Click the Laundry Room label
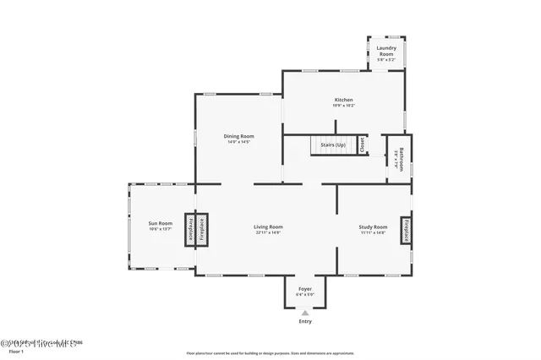pyautogui.click(x=386, y=51)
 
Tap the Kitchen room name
pyautogui.click(x=343, y=100)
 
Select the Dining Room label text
pyautogui.click(x=239, y=136)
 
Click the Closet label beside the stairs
pyautogui.click(x=362, y=145)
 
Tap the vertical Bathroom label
pyautogui.click(x=402, y=160)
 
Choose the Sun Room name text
pyautogui.click(x=161, y=223)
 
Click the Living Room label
pyautogui.click(x=268, y=226)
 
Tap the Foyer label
pyautogui.click(x=305, y=289)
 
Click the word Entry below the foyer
pyautogui.click(x=305, y=321)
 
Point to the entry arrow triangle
pyautogui.click(x=305, y=312)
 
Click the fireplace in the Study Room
pyautogui.click(x=406, y=230)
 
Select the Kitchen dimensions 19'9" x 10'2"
pyautogui.click(x=343, y=106)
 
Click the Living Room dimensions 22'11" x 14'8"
pyautogui.click(x=268, y=232)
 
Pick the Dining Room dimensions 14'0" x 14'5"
pyautogui.click(x=239, y=142)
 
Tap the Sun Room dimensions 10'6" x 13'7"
pyautogui.click(x=161, y=229)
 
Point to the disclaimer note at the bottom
pyautogui.click(x=270, y=353)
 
